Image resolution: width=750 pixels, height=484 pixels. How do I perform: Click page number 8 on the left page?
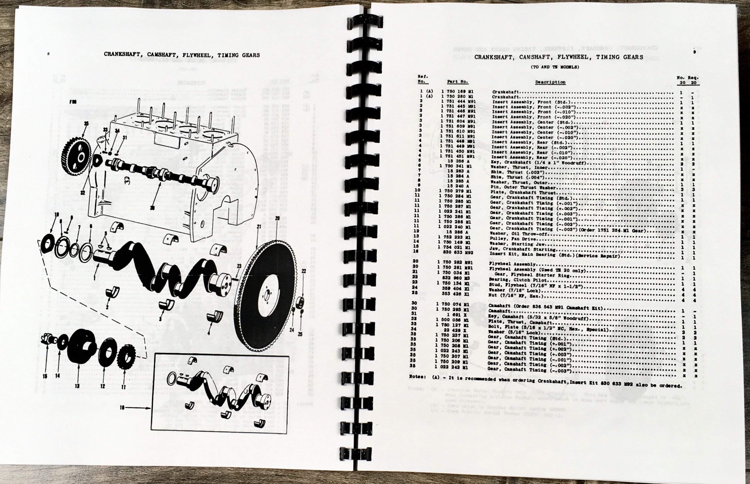coord(48,54)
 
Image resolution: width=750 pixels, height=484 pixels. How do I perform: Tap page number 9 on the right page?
coord(694,52)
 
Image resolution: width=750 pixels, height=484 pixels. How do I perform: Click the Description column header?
coord(550,82)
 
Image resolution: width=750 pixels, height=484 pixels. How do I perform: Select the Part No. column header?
coord(458,82)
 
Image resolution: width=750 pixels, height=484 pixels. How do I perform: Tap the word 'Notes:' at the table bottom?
coord(417,376)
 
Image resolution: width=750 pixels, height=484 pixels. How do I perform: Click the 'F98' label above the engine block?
coord(73,103)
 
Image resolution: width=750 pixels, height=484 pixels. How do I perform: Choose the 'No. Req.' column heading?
coord(688,77)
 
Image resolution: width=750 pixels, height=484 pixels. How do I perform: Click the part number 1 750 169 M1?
coord(458,92)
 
